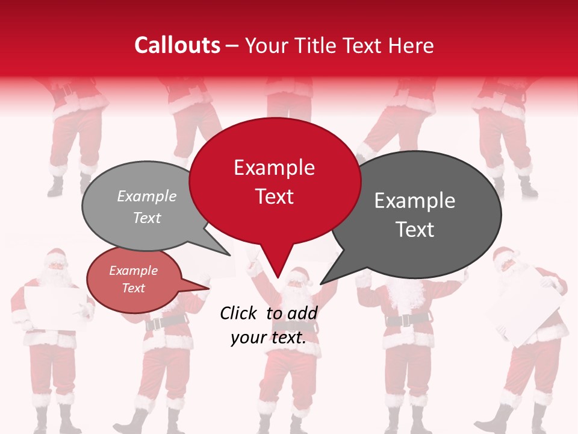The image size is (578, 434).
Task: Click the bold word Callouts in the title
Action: click(x=177, y=45)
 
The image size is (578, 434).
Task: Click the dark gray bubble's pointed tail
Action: click(x=325, y=280)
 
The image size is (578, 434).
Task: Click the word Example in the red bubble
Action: click(x=274, y=168)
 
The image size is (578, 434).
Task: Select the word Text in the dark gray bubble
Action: click(x=415, y=230)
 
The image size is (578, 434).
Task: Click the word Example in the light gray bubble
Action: click(x=147, y=196)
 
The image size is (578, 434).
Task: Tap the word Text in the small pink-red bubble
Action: click(x=134, y=288)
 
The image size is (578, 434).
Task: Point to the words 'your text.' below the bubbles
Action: click(x=269, y=338)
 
